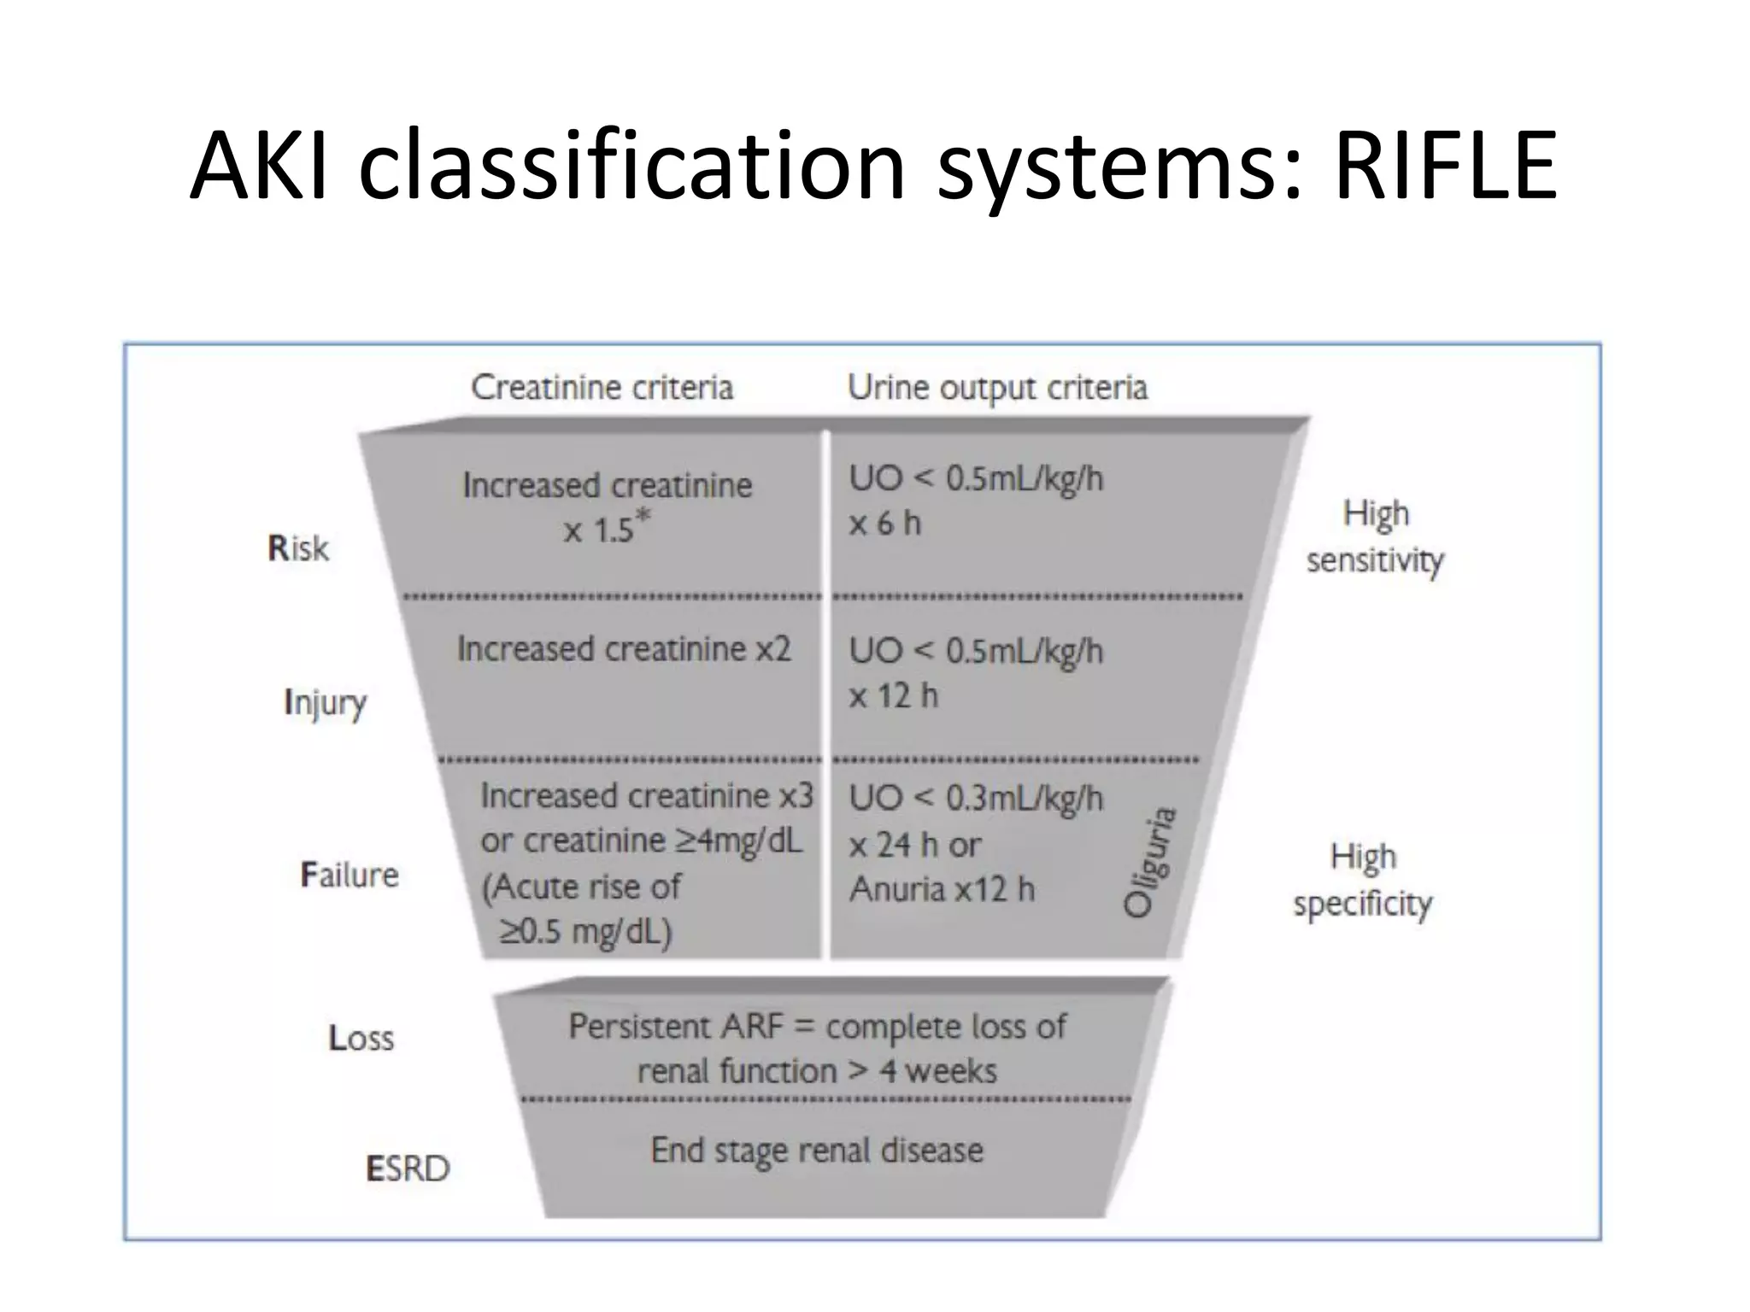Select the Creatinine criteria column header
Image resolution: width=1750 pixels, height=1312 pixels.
pos(602,388)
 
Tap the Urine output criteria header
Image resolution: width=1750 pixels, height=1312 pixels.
pos(997,388)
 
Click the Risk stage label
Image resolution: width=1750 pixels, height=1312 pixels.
pos(298,548)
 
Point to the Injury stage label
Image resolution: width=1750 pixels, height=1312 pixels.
pos(326,703)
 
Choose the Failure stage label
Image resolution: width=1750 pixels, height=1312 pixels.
pos(349,875)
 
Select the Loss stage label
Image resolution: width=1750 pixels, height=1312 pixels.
pos(361,1039)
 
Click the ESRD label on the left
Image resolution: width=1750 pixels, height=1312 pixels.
pos(408,1168)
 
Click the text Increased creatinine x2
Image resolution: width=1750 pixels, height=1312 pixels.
pos(624,649)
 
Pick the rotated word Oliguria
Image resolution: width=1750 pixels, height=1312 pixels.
pos(1150,862)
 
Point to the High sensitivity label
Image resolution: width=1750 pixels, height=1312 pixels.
pos(1375,536)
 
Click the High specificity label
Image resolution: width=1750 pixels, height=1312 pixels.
pos(1363,880)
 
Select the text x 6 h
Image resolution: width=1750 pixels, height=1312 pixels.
pos(885,524)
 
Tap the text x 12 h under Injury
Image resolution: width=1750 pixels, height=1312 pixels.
pos(894,696)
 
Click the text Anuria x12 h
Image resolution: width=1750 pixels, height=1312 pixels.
pos(942,890)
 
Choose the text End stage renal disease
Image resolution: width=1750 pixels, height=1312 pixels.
pos(817,1151)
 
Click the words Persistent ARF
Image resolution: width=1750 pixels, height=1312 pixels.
pos(676,1026)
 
